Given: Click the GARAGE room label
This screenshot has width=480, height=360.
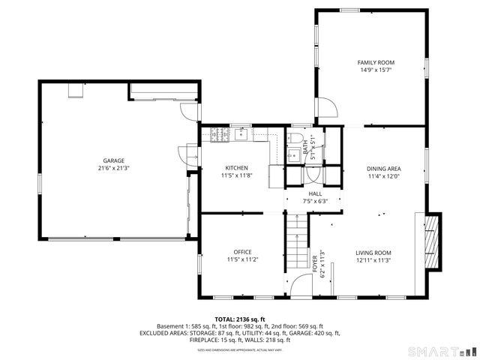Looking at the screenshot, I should click(113, 160).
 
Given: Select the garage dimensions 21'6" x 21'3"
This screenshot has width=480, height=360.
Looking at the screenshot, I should click(113, 168).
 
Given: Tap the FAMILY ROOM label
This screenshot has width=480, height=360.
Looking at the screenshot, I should click(375, 62).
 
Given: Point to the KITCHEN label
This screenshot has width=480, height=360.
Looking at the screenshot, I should click(236, 167).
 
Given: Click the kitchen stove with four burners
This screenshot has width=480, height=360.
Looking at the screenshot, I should click(220, 135).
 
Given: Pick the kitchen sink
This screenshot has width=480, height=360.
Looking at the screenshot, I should click(241, 135).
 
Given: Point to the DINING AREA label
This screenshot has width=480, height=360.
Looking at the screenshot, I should click(383, 169).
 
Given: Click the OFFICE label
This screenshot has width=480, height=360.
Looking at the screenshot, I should click(242, 252).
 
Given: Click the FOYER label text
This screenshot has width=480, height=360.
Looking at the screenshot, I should click(315, 264).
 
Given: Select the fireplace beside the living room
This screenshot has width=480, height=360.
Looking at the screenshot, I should click(429, 241).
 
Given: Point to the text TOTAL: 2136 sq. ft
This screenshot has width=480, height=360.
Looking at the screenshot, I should click(240, 319).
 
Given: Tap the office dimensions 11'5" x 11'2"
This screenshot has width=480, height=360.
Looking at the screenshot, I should click(242, 260).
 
